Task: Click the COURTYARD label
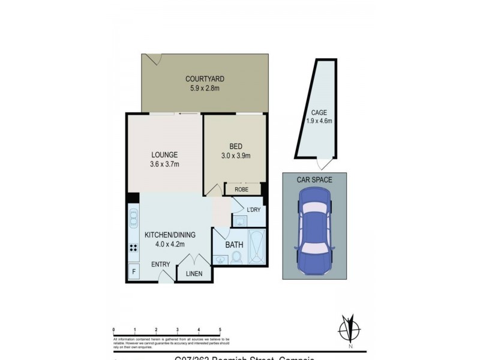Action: pos(205,79)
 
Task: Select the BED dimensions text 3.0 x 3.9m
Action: pos(235,156)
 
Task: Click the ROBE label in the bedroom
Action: pos(243,188)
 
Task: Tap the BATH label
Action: pos(233,245)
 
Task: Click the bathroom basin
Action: pos(219,259)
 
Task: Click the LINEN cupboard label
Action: pos(194,274)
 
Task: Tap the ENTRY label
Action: pos(160,264)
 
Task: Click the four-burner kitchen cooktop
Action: pos(132,248)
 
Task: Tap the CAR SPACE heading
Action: pos(314,179)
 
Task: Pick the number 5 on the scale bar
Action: pos(220,330)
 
